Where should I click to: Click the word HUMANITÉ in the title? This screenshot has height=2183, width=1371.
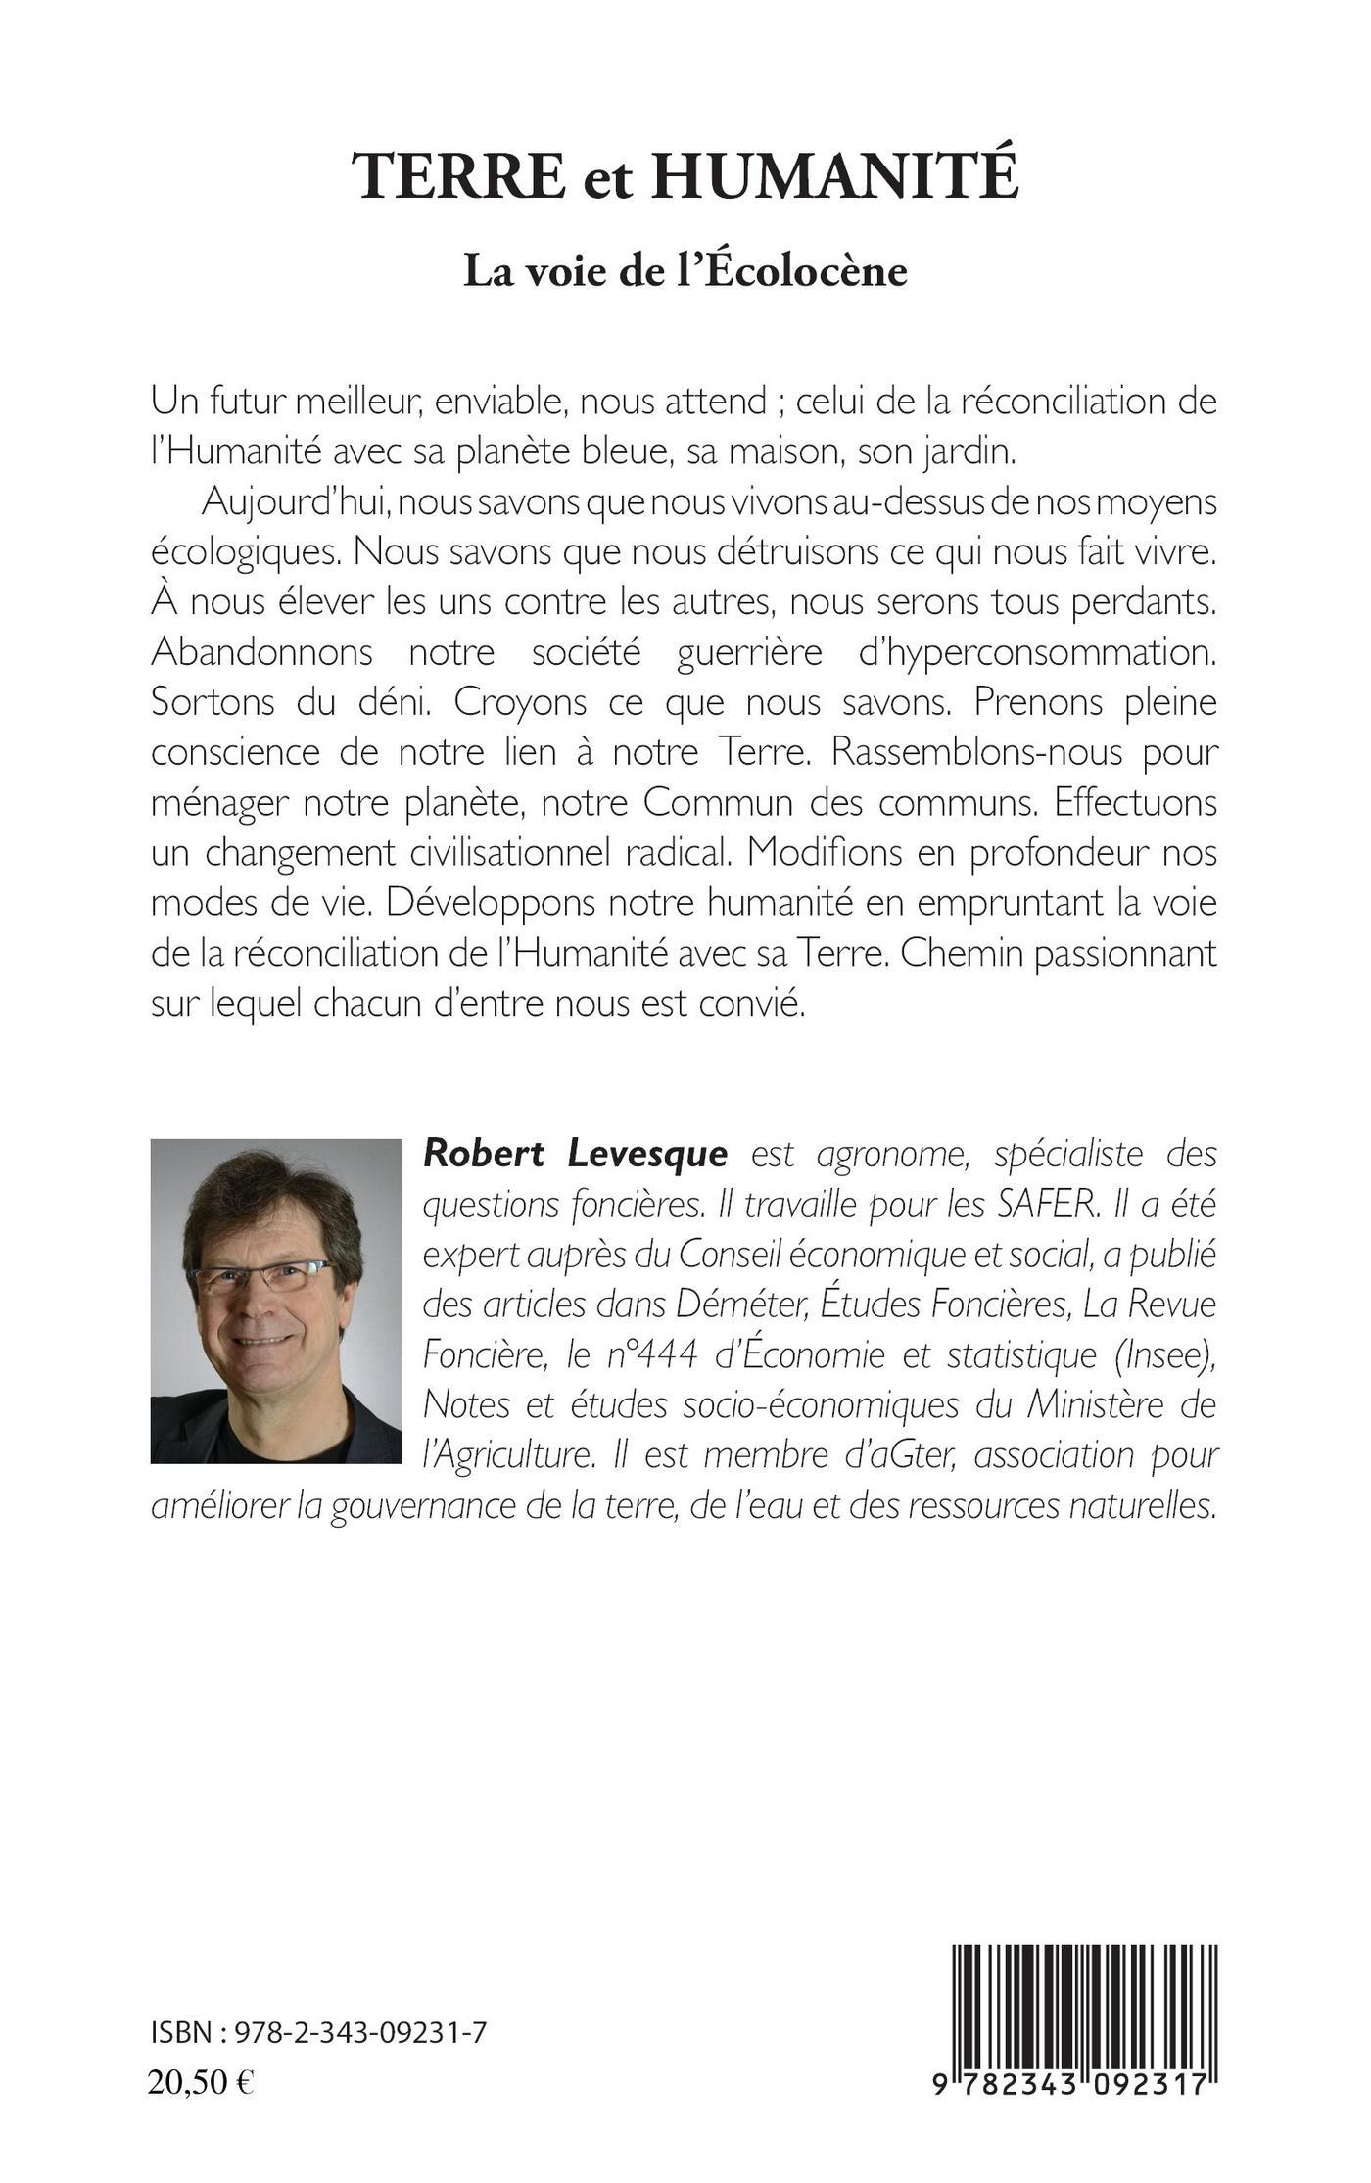click(x=835, y=177)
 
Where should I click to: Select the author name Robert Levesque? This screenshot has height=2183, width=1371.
click(x=575, y=1155)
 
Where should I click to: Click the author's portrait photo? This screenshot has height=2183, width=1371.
click(x=276, y=1301)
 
